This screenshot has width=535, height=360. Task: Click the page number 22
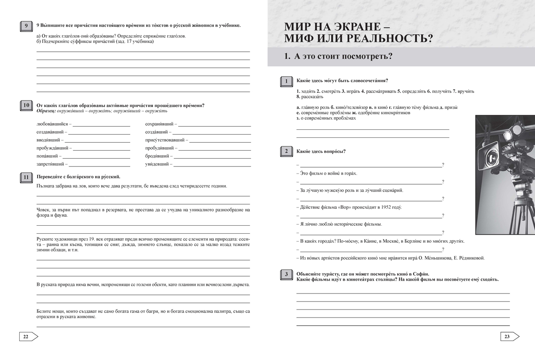coord(26,336)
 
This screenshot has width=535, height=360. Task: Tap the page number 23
coord(507,336)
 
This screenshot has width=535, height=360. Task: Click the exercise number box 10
coord(26,106)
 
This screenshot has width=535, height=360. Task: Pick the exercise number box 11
coord(26,178)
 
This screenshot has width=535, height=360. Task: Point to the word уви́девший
coord(156,164)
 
